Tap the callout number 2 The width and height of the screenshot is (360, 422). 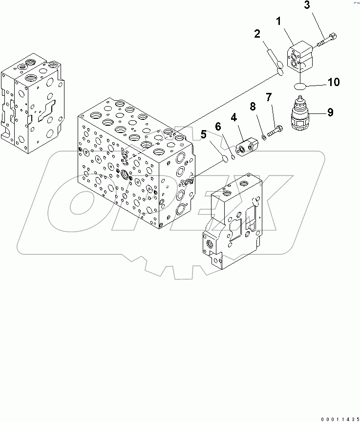pyautogui.click(x=256, y=34)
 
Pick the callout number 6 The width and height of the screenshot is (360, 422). pyautogui.click(x=218, y=127)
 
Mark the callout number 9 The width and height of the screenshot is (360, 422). pyautogui.click(x=330, y=112)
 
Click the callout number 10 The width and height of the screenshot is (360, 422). pyautogui.click(x=334, y=82)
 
